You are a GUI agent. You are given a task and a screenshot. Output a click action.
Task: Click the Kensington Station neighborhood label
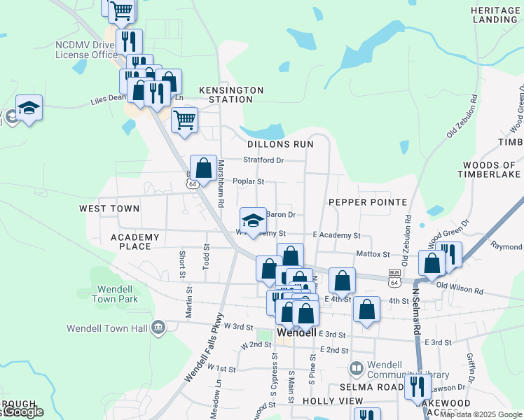(231, 94)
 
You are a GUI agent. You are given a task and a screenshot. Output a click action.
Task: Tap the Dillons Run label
(280, 143)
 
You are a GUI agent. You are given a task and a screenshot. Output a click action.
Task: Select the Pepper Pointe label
(368, 202)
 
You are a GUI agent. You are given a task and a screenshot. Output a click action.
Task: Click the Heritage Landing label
(494, 15)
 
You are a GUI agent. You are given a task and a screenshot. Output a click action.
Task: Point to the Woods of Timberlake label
(490, 169)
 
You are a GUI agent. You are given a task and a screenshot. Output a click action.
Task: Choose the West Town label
(109, 209)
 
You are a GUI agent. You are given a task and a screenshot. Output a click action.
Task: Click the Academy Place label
(135, 241)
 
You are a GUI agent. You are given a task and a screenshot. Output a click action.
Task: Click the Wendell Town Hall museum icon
(158, 327)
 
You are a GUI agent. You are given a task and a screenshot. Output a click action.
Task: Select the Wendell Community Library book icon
(357, 368)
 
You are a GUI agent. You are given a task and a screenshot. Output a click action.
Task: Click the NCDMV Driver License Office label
(86, 49)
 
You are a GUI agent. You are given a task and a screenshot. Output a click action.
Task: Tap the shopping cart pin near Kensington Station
(184, 119)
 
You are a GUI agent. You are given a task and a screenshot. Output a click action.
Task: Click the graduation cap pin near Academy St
(253, 220)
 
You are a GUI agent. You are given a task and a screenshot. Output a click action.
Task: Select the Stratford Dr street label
(263, 160)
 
